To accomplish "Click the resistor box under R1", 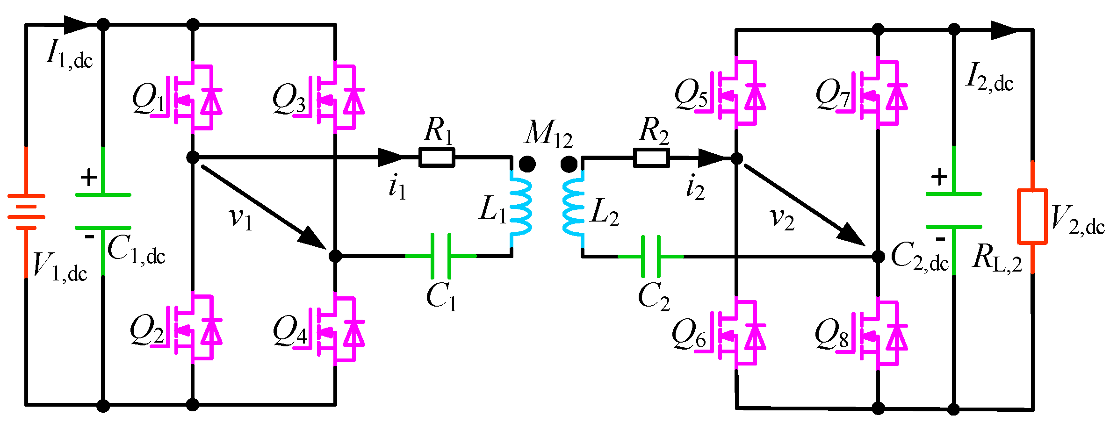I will (437, 158).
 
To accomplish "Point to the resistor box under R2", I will (651, 158).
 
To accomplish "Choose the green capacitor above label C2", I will (651, 256).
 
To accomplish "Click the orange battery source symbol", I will (26, 212).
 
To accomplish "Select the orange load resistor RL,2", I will (1032, 216).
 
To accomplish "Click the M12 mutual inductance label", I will (548, 134).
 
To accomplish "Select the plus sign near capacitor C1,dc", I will (88, 178).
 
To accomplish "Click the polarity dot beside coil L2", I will (569, 164).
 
